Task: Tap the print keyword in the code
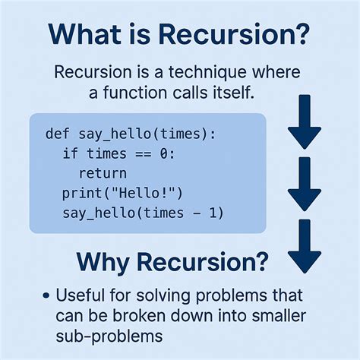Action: pyautogui.click(x=81, y=193)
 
